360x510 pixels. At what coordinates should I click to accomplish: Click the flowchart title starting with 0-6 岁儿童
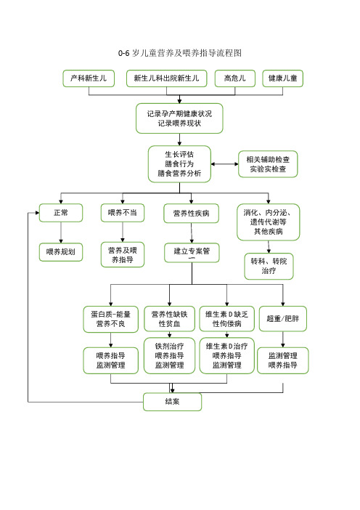click(180, 53)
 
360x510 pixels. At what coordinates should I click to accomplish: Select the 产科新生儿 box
click(89, 78)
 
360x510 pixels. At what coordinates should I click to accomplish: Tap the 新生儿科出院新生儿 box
click(167, 78)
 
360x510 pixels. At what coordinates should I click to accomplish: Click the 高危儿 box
click(235, 78)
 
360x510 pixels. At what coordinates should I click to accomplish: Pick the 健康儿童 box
click(282, 78)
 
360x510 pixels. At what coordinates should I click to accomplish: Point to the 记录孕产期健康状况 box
click(179, 118)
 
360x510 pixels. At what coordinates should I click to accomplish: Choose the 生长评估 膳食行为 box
click(179, 164)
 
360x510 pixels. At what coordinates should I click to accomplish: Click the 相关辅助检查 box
click(268, 164)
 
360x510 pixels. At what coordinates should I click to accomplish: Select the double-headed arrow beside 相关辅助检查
click(224, 164)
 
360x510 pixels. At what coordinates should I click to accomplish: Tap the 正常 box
click(61, 213)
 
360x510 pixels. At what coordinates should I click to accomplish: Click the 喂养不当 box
click(123, 213)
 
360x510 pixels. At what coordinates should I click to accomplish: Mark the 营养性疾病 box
click(191, 214)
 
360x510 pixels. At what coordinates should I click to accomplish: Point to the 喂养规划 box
click(61, 252)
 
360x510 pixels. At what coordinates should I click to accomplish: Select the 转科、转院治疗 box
click(269, 267)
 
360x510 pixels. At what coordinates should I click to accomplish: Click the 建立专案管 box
click(192, 253)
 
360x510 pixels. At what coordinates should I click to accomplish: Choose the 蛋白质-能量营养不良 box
click(111, 319)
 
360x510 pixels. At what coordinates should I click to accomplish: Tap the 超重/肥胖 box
click(282, 319)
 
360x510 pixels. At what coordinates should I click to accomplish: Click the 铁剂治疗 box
click(169, 355)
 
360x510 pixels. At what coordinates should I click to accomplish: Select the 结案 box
click(172, 402)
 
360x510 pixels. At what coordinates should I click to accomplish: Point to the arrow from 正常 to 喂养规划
click(61, 232)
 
